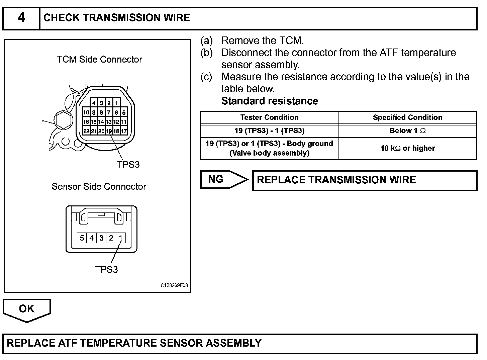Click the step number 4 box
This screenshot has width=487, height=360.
(21, 18)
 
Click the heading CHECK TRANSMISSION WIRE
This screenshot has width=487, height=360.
(117, 18)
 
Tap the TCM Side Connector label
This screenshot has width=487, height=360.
(99, 60)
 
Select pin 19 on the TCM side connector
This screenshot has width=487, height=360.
(109, 131)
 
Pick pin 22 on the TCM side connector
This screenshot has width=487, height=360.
(86, 131)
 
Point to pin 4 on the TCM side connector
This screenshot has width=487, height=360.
(94, 103)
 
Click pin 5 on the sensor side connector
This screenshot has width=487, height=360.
(82, 238)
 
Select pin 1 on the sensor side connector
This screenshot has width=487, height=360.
(121, 238)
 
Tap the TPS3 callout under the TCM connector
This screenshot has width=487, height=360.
(128, 165)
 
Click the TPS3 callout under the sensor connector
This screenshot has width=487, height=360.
(106, 270)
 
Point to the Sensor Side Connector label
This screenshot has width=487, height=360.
(99, 187)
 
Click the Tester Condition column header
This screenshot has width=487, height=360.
(269, 118)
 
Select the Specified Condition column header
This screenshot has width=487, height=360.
(407, 118)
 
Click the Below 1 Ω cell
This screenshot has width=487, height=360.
(407, 131)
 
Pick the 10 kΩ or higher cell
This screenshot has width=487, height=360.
(407, 149)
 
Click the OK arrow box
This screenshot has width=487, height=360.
(27, 309)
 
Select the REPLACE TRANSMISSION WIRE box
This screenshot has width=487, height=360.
(365, 180)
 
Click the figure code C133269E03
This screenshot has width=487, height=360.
(174, 285)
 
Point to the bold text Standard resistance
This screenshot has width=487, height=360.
(270, 101)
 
